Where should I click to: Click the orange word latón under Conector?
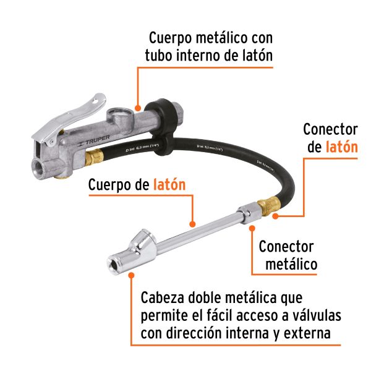(341, 147)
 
